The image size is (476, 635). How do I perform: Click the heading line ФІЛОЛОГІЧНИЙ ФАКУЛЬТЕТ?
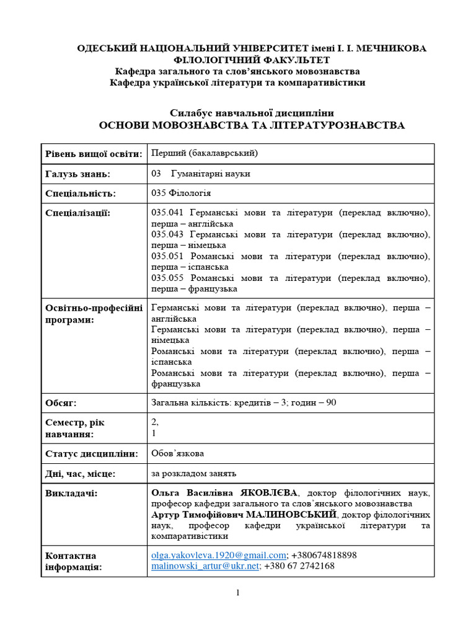(x=252, y=60)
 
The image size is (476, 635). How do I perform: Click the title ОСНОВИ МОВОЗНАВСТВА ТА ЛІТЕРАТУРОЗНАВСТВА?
(x=252, y=125)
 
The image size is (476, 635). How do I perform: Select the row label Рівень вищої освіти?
(x=94, y=154)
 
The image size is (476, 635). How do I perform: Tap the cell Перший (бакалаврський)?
(x=205, y=153)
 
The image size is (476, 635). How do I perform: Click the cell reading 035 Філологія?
(x=181, y=193)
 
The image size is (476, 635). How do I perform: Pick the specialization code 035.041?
(x=167, y=213)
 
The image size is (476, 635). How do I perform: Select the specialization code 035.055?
(x=167, y=278)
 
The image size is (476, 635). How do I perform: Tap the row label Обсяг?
(x=61, y=403)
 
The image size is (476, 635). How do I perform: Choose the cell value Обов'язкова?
(x=177, y=453)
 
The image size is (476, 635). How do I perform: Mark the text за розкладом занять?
(x=193, y=474)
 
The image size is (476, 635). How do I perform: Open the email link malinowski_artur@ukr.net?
(x=205, y=566)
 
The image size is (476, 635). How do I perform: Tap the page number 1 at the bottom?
(x=238, y=593)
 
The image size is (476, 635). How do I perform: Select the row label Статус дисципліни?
(x=90, y=454)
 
